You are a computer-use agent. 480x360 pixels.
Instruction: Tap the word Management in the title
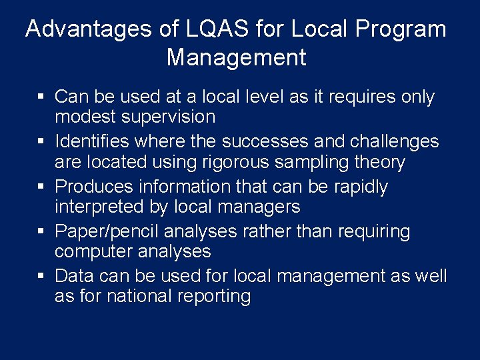pos(236,57)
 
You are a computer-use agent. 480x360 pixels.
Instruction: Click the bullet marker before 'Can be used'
pos(40,97)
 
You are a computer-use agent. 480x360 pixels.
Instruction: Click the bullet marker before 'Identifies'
pos(40,142)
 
